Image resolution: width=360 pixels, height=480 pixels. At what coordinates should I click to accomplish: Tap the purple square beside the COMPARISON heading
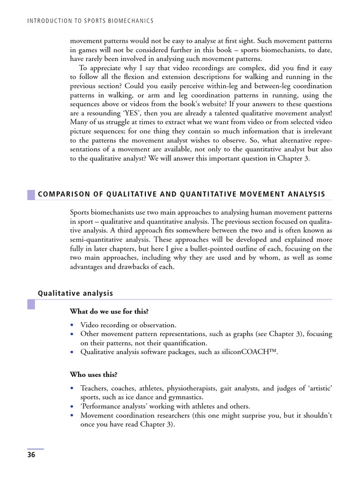(31, 194)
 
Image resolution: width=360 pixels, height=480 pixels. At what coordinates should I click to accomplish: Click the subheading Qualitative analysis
(75, 293)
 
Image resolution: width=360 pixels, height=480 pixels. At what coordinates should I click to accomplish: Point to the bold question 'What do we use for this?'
(110, 311)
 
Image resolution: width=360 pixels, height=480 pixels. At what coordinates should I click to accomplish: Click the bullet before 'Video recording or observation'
(72, 325)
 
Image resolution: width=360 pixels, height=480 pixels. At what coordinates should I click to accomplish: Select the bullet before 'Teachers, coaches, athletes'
(72, 388)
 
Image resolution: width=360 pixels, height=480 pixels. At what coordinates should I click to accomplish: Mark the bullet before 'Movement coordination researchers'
(72, 415)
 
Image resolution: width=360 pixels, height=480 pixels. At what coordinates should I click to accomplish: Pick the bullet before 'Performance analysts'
(72, 406)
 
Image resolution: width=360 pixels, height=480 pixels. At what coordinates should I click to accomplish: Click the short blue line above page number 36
(35, 449)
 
